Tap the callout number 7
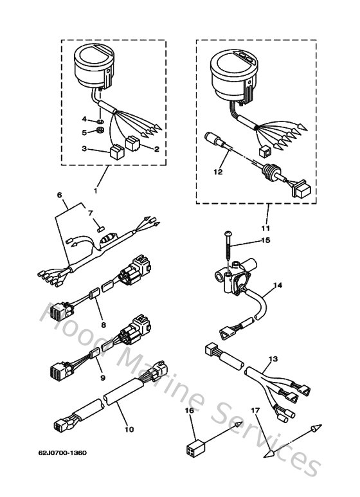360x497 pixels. [90, 212]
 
